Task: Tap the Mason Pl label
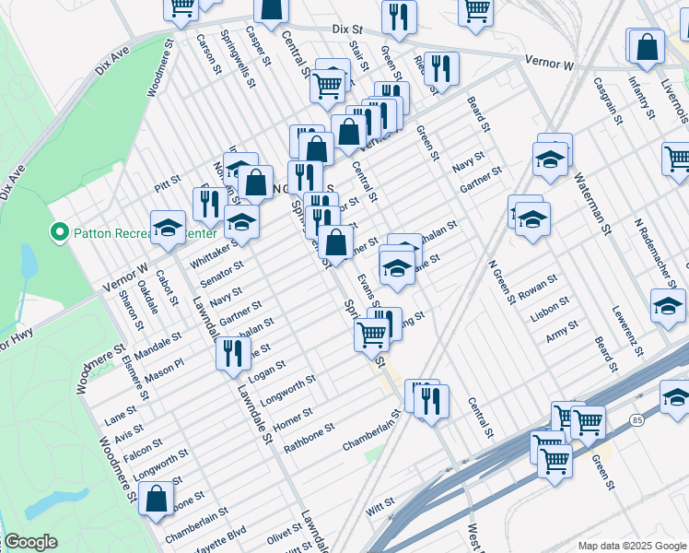165,362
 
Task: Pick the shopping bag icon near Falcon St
157,497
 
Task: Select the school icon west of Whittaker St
169,228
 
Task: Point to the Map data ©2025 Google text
631,546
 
